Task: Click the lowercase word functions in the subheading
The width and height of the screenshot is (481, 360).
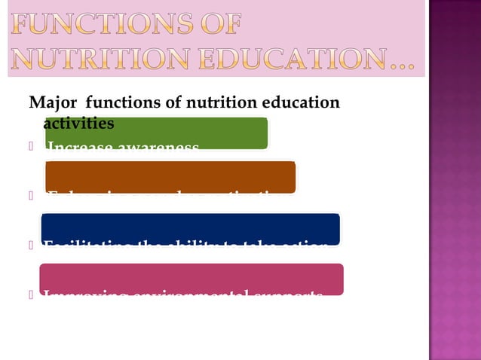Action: click(125, 103)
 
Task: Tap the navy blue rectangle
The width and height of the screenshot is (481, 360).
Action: click(190, 228)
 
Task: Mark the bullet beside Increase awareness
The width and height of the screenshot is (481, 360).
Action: click(32, 146)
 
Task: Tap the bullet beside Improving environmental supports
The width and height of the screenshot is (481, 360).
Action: click(32, 294)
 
